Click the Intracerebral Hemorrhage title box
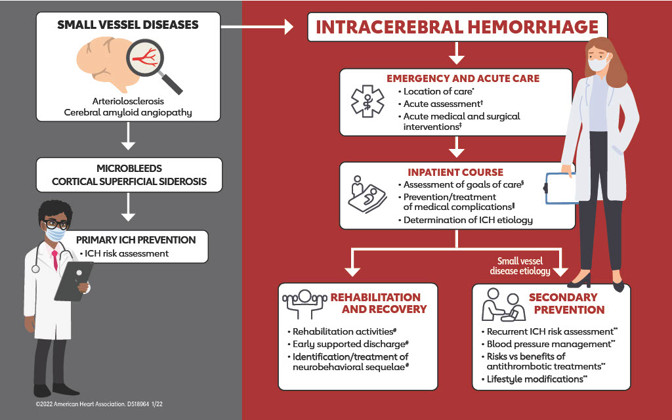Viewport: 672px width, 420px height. (x=457, y=27)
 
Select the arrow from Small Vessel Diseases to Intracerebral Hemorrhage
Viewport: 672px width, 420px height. (x=257, y=27)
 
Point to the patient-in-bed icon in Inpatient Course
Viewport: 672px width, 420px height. (x=365, y=194)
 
